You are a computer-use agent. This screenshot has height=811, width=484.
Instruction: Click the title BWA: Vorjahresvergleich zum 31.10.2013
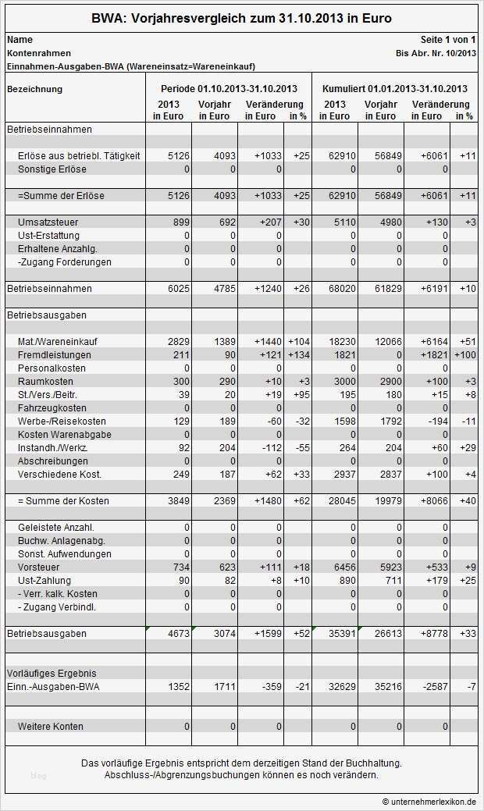(x=241, y=18)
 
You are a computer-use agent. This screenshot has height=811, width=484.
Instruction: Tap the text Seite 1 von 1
(x=448, y=39)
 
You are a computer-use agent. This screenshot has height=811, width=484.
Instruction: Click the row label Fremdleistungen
(x=54, y=355)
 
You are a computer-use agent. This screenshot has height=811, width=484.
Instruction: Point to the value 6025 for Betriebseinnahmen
(x=179, y=289)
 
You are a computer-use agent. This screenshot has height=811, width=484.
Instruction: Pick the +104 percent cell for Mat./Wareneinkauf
(x=298, y=342)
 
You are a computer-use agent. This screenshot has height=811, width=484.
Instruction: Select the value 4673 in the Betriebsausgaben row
(x=179, y=634)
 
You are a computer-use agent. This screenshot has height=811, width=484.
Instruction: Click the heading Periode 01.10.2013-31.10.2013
(x=229, y=89)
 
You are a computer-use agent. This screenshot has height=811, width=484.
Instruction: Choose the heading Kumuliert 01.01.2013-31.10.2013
(x=395, y=89)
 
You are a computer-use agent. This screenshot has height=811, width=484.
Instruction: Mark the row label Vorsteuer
(x=39, y=567)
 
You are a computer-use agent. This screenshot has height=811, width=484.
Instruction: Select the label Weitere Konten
(x=50, y=727)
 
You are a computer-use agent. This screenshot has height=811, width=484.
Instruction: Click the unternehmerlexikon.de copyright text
(x=429, y=802)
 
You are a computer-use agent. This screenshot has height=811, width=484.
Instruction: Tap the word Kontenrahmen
(x=38, y=53)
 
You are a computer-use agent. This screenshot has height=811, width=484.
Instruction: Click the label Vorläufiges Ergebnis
(x=52, y=673)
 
